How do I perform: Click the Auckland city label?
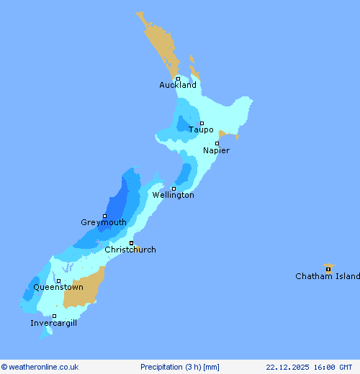click(178, 86)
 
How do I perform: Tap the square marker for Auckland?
click(178, 78)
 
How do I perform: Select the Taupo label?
click(201, 130)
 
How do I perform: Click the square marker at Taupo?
click(202, 123)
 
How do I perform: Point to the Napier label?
click(216, 151)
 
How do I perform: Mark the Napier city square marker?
click(217, 143)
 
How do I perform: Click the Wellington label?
click(173, 195)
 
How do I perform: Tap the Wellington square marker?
click(174, 188)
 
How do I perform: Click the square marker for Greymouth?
click(104, 216)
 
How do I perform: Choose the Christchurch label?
click(130, 250)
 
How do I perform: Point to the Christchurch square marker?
click(131, 243)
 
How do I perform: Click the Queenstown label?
click(58, 288)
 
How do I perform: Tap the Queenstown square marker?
click(59, 281)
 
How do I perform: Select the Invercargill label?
click(54, 324)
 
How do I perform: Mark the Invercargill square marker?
click(54, 316)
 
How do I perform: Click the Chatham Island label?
click(328, 277)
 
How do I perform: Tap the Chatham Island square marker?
click(328, 270)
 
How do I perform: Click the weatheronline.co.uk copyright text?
click(40, 367)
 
